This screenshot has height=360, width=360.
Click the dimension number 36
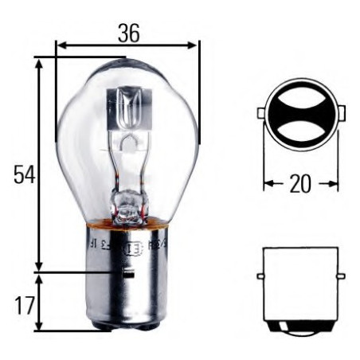[x=128, y=33]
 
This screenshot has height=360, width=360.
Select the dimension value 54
[x=25, y=174]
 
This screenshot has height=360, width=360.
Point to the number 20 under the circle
[x=299, y=184]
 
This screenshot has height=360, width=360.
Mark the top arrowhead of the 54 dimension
[x=38, y=62]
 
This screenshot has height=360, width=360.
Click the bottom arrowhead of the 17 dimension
[x=38, y=326]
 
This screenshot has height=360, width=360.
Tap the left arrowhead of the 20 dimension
[x=267, y=184]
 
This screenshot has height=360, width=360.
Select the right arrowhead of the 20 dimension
[x=334, y=184]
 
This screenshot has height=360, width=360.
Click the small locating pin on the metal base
[x=126, y=275]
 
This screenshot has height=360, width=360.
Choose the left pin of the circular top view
[x=260, y=114]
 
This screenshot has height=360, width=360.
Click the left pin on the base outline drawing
[x=260, y=276]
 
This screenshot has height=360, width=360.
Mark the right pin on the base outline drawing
[x=340, y=276]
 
